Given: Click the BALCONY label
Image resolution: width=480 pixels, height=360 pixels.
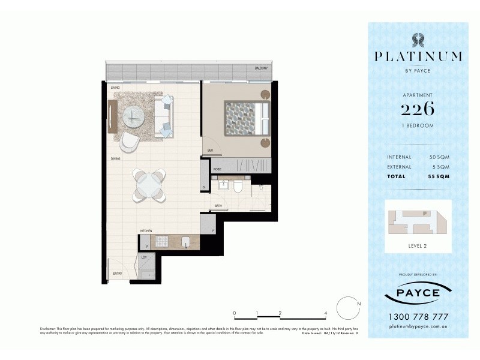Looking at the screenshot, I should (260, 68).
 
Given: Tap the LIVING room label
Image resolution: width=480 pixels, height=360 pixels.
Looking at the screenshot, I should (115, 88).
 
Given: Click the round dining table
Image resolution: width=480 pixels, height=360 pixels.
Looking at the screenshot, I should (148, 185).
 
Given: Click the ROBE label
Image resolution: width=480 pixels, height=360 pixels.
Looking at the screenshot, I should (218, 170).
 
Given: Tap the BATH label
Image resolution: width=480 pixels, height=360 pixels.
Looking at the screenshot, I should (219, 206).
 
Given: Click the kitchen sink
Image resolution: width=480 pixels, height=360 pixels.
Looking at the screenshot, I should (187, 243).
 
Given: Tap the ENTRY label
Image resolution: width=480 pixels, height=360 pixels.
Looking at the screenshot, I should (118, 274).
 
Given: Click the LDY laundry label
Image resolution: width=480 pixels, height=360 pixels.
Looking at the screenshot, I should (144, 257).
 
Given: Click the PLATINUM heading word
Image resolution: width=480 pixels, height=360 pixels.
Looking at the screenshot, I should (418, 57).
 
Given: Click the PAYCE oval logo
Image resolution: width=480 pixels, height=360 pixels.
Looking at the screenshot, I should (418, 293).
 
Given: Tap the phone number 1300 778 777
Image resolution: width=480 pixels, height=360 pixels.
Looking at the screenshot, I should (418, 317).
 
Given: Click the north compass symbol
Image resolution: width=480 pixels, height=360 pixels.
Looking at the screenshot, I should (347, 308).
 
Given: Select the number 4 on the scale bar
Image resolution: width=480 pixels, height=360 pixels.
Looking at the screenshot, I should (325, 313).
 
